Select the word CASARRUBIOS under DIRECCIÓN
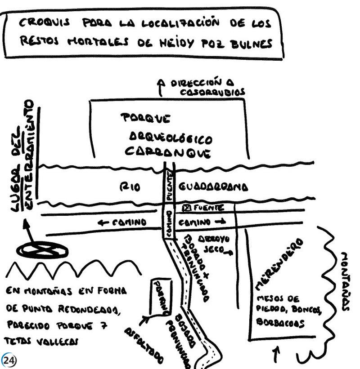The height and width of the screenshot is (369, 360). pos(212,92)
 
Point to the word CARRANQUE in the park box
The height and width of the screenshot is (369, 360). pos(168,152)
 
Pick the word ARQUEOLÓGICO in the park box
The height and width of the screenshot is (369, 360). pos(171,137)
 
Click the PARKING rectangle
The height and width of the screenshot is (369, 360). pos(160,297)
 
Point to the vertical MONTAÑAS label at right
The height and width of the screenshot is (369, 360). pos(345,281)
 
